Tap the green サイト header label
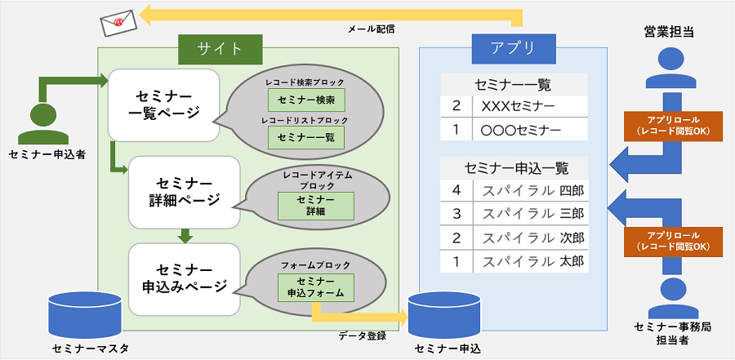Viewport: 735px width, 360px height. (220, 48)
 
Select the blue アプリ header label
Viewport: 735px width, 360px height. (514, 48)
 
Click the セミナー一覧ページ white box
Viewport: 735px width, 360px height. (163, 105)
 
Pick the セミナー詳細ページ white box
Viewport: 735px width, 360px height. (185, 192)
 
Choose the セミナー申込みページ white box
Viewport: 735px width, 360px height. (185, 279)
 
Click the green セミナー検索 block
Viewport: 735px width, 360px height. (306, 100)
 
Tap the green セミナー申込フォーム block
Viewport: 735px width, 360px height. (315, 287)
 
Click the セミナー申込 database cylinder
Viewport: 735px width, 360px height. (445, 315)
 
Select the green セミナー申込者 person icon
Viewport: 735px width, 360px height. (43, 123)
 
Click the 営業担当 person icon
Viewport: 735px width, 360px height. (670, 68)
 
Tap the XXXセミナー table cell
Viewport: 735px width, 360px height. (530, 106)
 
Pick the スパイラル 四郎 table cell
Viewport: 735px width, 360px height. (530, 191)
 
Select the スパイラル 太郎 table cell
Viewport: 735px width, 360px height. (530, 260)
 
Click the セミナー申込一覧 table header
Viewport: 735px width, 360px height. (514, 168)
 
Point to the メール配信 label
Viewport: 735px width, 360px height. (372, 29)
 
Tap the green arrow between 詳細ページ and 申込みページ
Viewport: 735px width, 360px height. (186, 236)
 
